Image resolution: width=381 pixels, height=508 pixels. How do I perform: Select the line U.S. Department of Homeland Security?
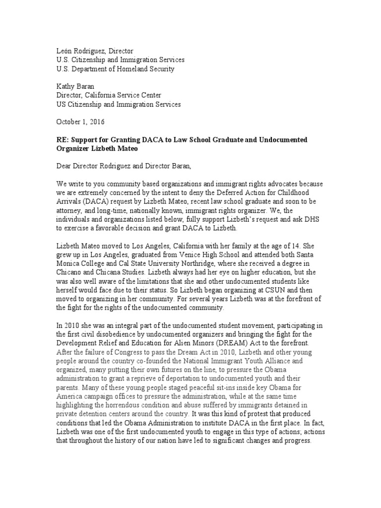click(x=115, y=69)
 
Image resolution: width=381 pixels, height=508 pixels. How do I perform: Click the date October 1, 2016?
click(x=80, y=122)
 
